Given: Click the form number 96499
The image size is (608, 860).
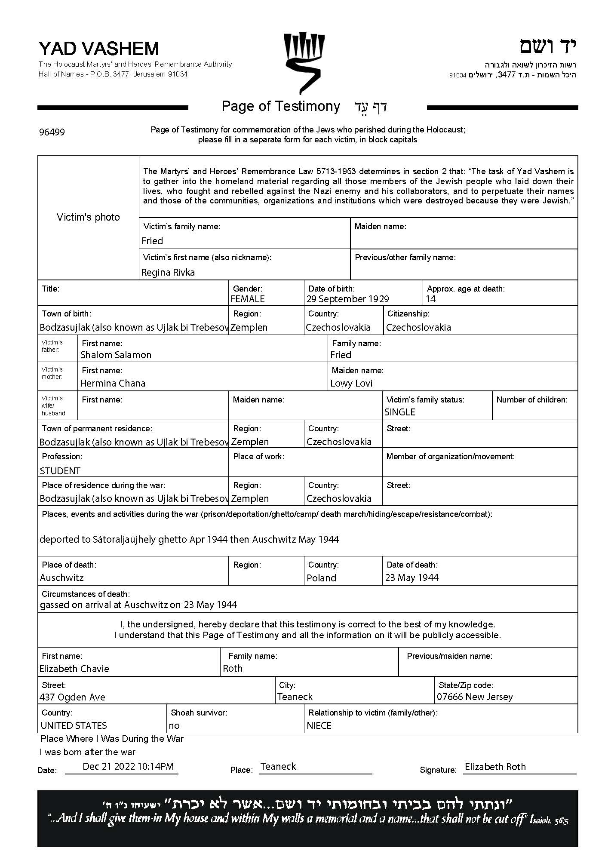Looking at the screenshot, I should tap(52, 132).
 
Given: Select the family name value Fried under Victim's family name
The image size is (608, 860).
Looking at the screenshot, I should tap(152, 241).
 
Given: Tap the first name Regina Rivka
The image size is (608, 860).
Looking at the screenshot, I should tap(168, 272).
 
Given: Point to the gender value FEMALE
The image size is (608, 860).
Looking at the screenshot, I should tap(248, 299).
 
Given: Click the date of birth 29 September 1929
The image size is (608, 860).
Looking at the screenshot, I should tap(347, 299).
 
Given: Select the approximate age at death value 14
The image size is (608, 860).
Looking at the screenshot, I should tap(431, 299).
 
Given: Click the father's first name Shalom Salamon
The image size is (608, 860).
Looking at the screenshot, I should tap(116, 355).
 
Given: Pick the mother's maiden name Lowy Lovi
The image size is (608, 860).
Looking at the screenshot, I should tap(351, 383).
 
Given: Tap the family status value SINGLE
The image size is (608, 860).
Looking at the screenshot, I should tap(400, 412).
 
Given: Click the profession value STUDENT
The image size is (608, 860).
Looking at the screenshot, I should tap(60, 471).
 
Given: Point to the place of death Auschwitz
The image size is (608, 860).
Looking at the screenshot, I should tap(62, 577).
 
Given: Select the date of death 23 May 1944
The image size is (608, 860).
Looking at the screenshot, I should tap(412, 577).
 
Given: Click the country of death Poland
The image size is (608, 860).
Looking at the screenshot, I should tap(322, 578).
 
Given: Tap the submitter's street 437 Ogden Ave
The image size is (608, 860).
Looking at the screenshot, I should tap(72, 697).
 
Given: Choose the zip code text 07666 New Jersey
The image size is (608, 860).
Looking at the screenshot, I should tap(475, 697).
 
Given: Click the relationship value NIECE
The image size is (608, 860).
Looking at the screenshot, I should tap(319, 725).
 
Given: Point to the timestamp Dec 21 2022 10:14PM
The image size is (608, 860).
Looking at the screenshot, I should tap(128, 766).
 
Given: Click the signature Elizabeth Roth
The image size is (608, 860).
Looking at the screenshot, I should tap(495, 767).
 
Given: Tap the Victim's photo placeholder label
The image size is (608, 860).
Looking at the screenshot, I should tap(88, 217).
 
